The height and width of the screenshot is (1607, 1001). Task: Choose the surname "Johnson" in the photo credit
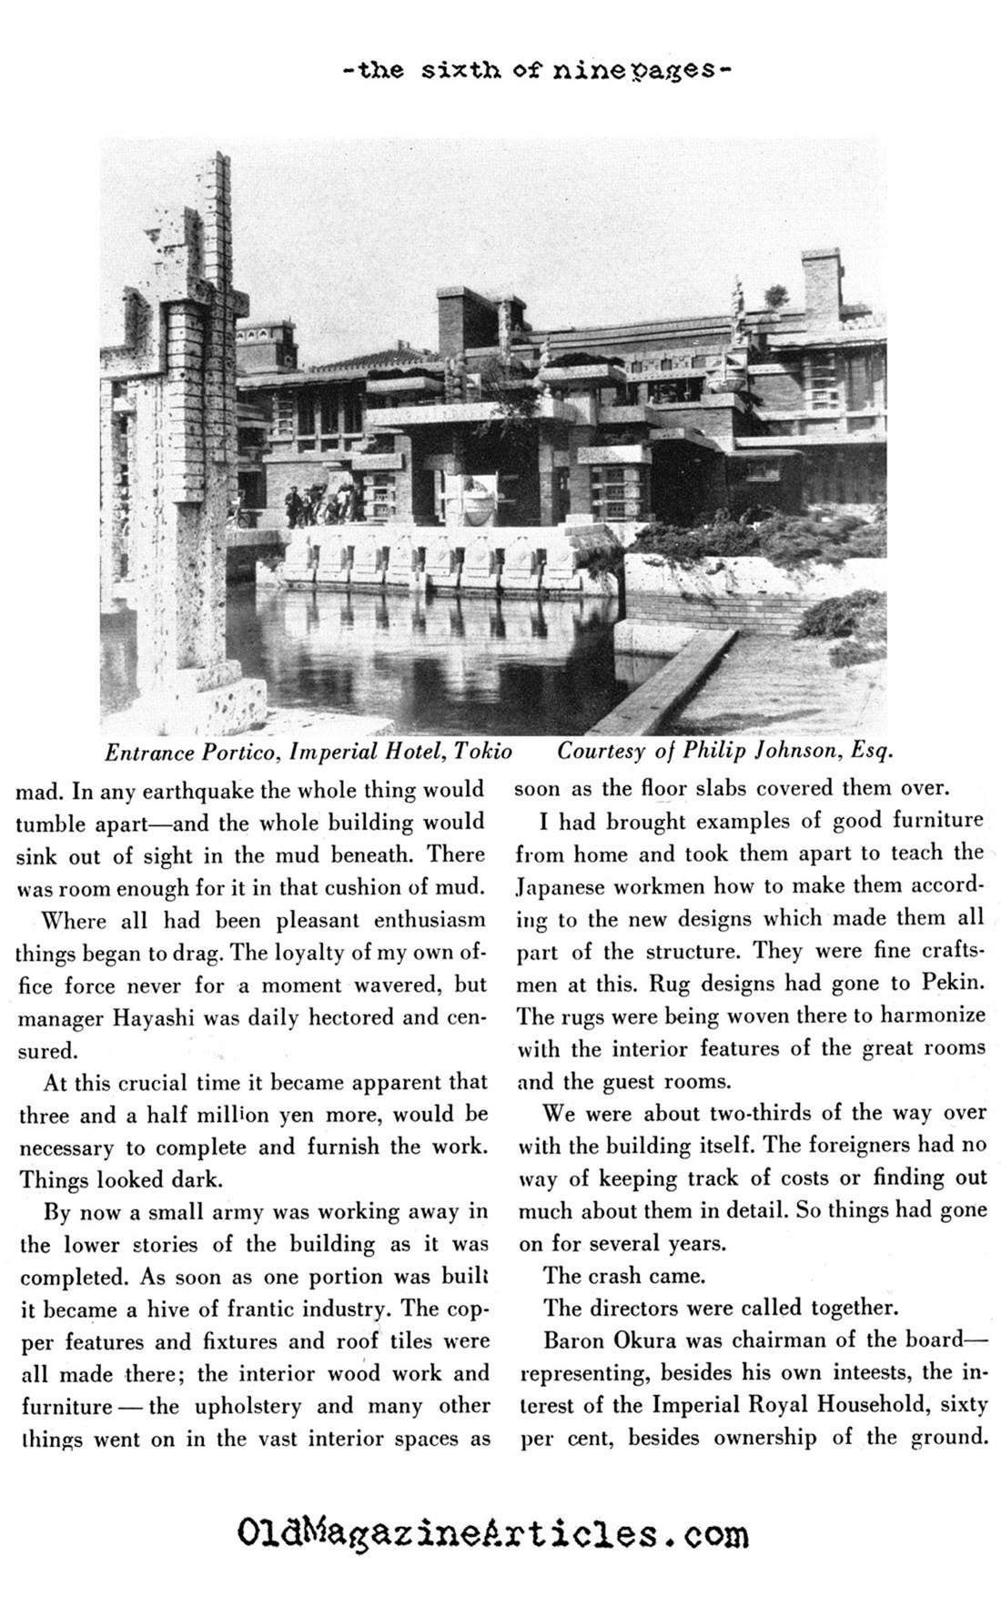click(770, 753)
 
